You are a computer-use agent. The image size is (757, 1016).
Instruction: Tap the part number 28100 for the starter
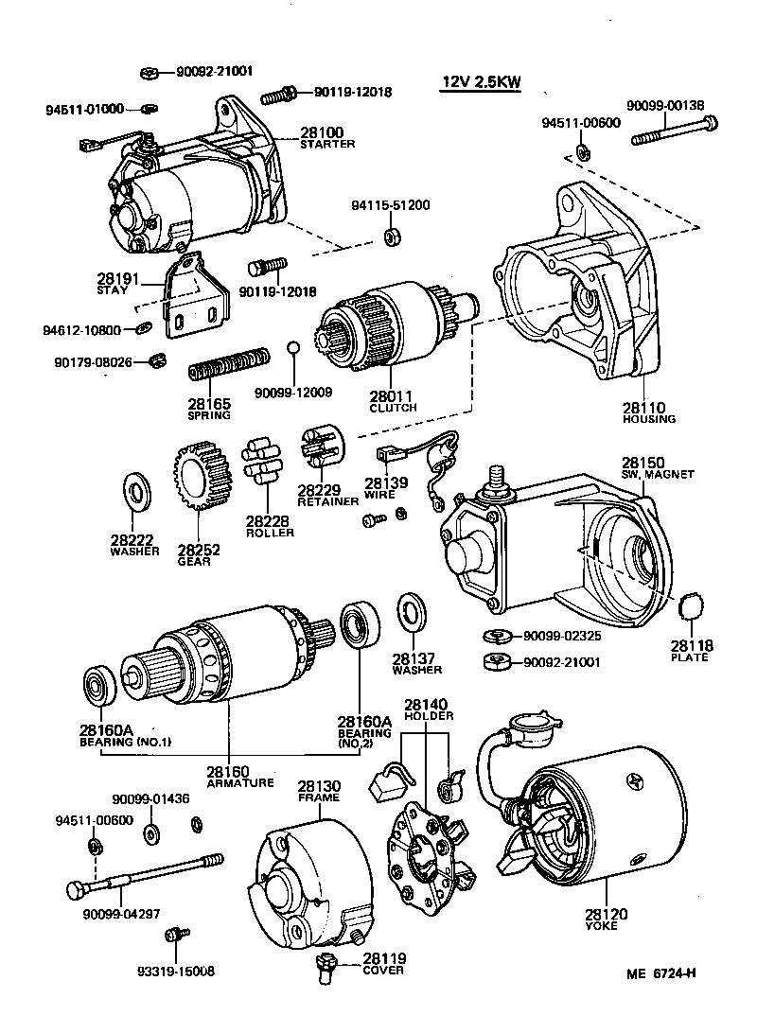[x=322, y=132]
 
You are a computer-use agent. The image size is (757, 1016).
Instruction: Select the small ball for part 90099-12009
[x=294, y=347]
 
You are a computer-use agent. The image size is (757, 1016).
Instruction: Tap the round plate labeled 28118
[x=694, y=605]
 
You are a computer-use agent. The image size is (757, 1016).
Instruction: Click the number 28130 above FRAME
[x=319, y=786]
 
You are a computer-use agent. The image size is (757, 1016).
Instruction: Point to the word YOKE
[x=602, y=925]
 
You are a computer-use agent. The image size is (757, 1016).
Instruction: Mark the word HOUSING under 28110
[x=649, y=418]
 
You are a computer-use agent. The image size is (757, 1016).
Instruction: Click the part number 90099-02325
[x=561, y=636]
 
